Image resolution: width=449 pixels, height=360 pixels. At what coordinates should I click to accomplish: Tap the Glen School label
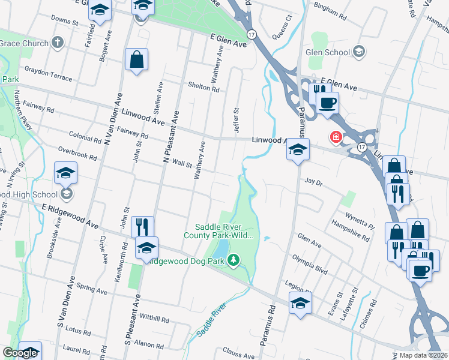tap(328, 52)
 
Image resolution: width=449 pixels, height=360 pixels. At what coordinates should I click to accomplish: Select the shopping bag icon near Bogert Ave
tap(136, 60)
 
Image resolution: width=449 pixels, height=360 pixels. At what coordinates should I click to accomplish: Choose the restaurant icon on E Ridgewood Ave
tap(142, 227)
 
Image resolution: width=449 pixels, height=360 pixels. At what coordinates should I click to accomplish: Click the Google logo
tap(20, 353)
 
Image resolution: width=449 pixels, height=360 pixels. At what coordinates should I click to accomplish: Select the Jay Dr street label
tap(314, 181)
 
